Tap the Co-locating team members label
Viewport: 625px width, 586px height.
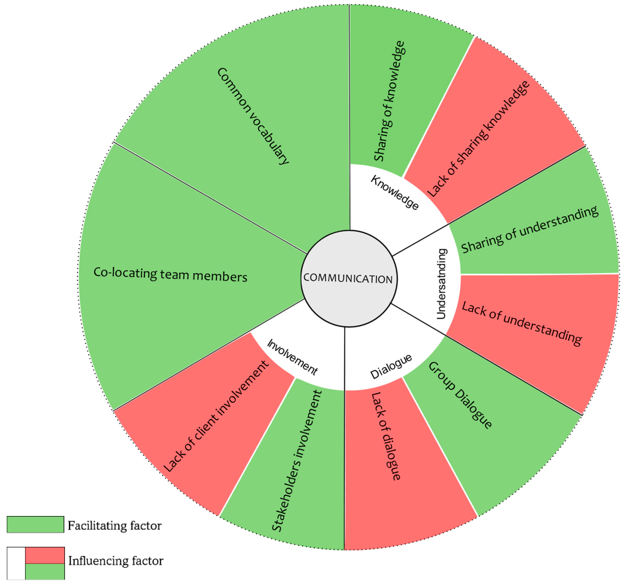pos(170,275)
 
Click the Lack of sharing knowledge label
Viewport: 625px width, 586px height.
pos(478,139)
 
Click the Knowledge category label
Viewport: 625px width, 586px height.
pos(395,193)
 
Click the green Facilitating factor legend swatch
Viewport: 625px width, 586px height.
pos(35,524)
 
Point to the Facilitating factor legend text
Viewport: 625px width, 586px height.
pos(114,526)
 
